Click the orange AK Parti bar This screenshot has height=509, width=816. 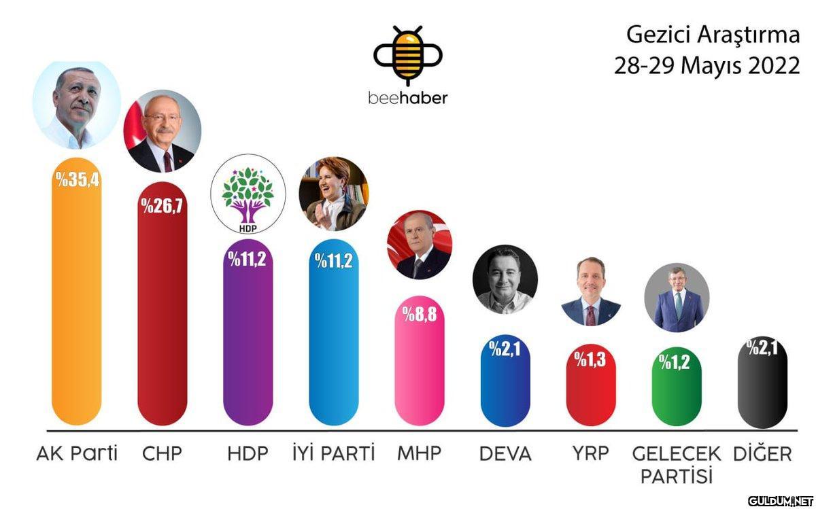click(77, 306)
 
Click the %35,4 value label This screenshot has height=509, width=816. click(78, 180)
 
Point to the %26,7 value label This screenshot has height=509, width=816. click(162, 205)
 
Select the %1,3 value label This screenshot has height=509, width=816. click(590, 359)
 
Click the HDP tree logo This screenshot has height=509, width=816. click(248, 197)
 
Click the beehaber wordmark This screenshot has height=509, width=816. click(408, 98)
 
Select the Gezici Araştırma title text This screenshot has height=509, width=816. click(713, 36)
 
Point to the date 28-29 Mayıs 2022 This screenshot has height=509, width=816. click(707, 67)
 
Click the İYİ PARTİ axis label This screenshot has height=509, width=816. click(333, 453)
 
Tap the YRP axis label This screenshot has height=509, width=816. click(590, 453)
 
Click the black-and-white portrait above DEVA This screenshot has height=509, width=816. click(505, 279)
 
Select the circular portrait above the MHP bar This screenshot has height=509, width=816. click(419, 245)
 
